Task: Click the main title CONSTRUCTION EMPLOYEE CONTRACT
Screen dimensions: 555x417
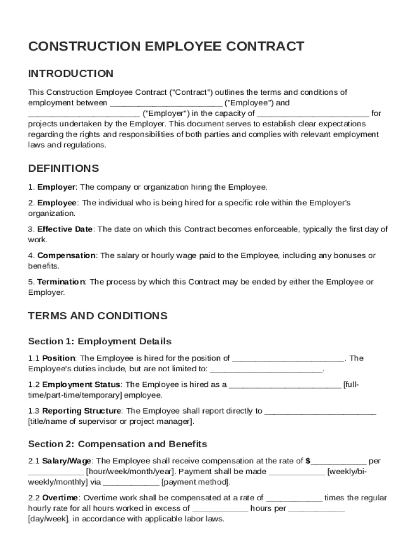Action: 166,47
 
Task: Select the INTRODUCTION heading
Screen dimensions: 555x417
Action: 70,73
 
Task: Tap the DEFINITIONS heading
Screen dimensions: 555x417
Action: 63,168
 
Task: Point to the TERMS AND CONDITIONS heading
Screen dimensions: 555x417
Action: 97,315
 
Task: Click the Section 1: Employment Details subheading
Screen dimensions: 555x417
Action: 100,341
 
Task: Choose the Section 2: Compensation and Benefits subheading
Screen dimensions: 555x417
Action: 118,444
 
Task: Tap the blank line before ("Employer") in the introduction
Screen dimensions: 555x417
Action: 84,114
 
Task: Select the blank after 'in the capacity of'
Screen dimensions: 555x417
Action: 313,114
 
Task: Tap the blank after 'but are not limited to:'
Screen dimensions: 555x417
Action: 266,370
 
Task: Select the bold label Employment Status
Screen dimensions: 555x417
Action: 82,384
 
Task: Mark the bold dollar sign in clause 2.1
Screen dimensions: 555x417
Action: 308,461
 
